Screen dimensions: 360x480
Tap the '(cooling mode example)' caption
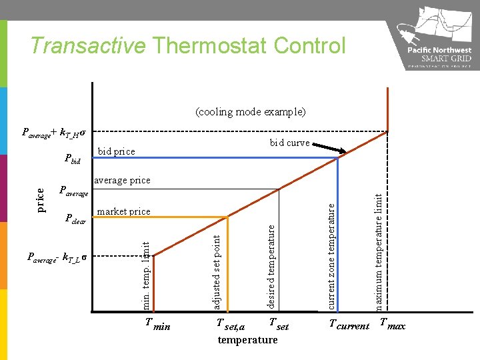[251, 111]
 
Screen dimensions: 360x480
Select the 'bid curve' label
[289, 143]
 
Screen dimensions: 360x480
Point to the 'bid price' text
[116, 151]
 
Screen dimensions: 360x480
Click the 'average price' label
[122, 180]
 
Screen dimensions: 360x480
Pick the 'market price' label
[123, 211]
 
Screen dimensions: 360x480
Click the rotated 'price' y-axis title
[41, 200]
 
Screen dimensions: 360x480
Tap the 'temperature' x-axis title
[247, 340]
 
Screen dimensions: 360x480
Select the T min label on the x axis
[158, 325]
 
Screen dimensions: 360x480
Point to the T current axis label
[349, 325]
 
